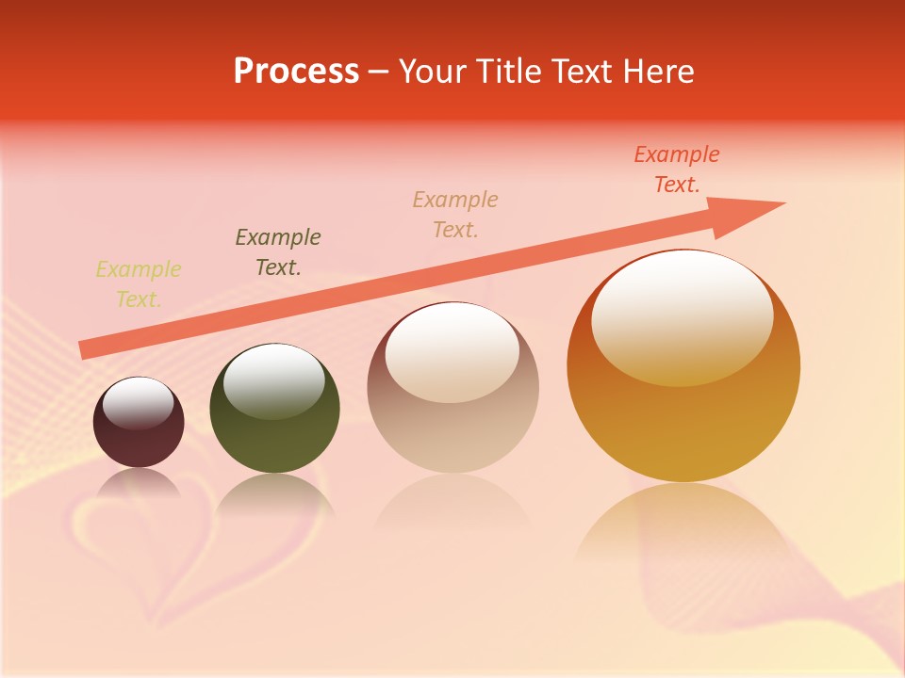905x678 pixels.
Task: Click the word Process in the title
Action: tap(296, 72)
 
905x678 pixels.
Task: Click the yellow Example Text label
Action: tap(139, 284)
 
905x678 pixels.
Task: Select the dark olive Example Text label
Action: tap(278, 252)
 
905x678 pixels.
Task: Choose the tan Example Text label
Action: tap(455, 214)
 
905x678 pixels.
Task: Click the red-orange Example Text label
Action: tap(677, 169)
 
